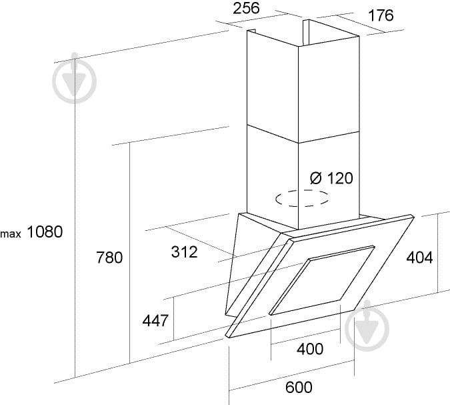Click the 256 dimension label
tap(246, 8)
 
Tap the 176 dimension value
tap(381, 15)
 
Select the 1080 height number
tap(45, 232)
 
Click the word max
tap(11, 234)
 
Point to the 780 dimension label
tap(109, 258)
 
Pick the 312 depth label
tap(185, 252)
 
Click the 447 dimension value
tap(155, 320)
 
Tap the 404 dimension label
tap(419, 258)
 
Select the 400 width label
tap(310, 349)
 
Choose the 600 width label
tap(299, 387)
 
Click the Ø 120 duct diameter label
tap(331, 178)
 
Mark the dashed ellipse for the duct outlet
tap(302, 190)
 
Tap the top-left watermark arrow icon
tap(74, 78)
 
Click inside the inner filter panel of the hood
tap(323, 280)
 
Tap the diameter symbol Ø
tap(316, 178)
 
